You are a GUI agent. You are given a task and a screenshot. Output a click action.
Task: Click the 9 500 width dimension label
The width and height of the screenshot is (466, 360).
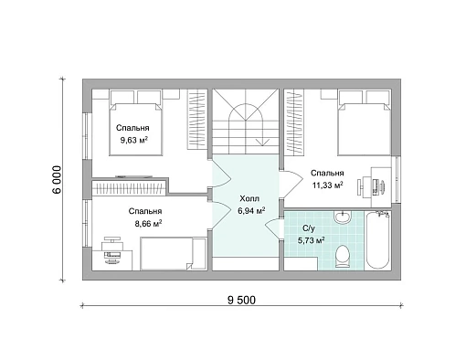click(241, 301)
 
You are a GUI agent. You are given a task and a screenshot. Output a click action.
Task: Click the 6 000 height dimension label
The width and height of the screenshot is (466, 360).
click(57, 180)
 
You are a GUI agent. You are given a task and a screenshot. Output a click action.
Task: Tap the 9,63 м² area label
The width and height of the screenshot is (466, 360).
click(134, 140)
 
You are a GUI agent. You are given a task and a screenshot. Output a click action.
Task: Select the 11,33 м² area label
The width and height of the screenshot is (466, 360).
click(328, 185)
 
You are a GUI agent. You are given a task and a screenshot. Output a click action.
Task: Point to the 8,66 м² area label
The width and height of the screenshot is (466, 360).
click(148, 224)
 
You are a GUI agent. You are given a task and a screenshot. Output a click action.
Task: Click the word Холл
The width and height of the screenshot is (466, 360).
click(249, 199)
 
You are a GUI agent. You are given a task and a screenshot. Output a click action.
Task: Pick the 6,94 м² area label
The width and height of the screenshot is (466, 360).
click(251, 211)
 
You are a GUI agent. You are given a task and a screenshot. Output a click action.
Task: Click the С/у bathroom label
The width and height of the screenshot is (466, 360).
click(309, 228)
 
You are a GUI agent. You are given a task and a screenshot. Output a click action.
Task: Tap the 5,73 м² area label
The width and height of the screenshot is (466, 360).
click(311, 241)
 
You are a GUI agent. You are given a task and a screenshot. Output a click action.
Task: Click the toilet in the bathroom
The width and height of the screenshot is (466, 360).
click(344, 257)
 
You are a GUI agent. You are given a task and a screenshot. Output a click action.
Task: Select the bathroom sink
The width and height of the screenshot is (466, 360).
click(343, 217)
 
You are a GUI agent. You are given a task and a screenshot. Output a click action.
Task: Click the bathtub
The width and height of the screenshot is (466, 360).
click(377, 240)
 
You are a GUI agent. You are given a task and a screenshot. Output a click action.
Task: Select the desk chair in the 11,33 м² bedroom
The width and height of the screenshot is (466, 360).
click(361, 187)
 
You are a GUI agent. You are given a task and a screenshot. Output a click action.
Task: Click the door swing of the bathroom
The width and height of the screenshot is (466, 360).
click(272, 228)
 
